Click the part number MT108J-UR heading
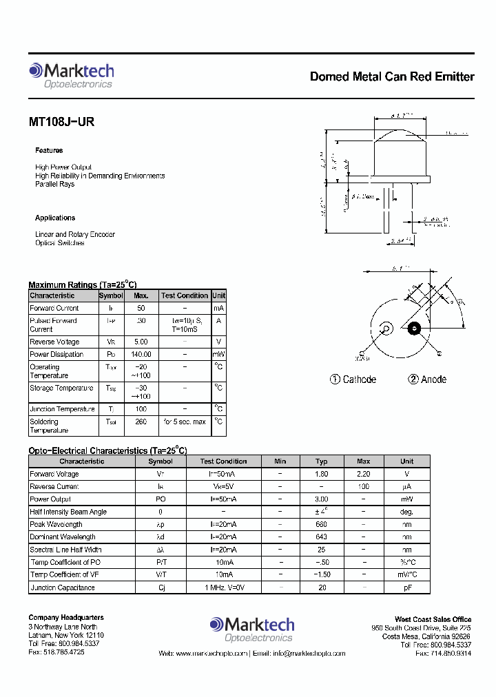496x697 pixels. [61, 122]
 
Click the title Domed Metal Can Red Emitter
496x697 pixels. [391, 76]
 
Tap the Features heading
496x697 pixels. [49, 150]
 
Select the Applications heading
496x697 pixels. [55, 218]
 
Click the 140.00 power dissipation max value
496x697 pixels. [141, 354]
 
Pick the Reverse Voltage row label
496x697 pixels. [54, 342]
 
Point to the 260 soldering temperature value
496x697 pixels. [141, 422]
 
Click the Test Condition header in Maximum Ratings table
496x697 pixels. [185, 295]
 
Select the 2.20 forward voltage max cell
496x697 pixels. [363, 474]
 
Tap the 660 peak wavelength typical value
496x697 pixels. [322, 524]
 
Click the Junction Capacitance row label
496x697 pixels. [62, 587]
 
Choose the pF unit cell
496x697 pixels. [407, 587]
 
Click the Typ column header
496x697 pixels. [322, 461]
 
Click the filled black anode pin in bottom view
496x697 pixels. [415, 329]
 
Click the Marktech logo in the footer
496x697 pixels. [251, 628]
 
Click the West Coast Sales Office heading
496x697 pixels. [433, 619]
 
